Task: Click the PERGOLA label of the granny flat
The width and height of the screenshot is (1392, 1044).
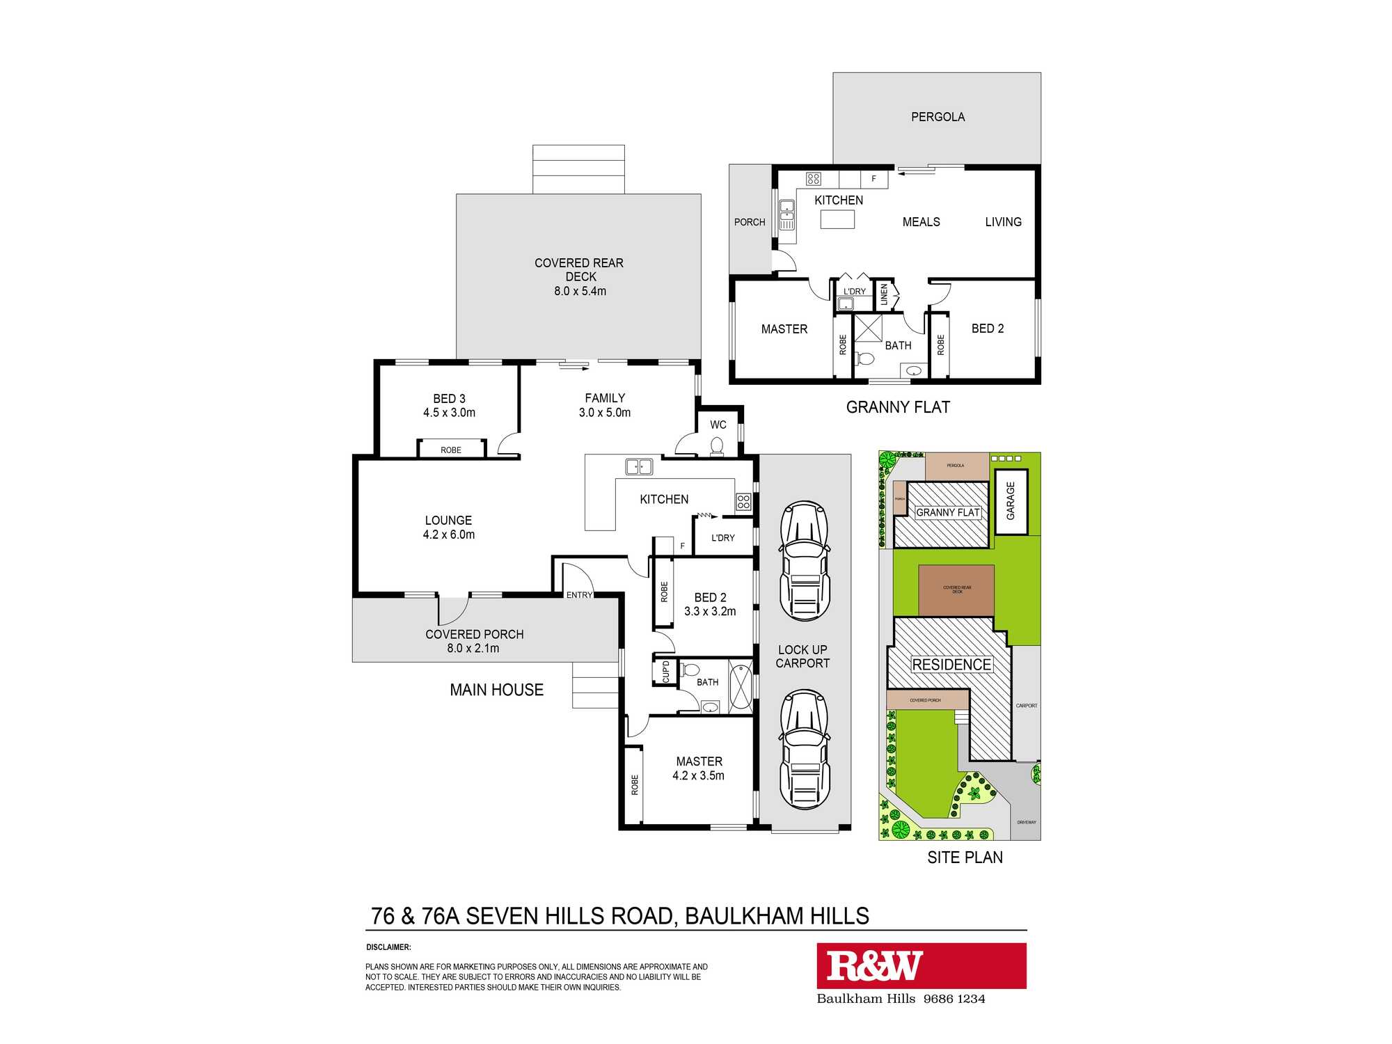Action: (938, 117)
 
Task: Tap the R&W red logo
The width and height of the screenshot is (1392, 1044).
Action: (921, 965)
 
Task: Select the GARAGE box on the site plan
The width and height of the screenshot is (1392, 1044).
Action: (1011, 501)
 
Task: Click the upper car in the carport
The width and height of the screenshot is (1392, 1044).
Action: (805, 560)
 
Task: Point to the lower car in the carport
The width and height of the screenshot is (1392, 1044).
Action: (805, 749)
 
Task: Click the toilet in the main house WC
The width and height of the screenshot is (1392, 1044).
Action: (717, 445)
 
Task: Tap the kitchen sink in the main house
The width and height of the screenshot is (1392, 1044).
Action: (638, 467)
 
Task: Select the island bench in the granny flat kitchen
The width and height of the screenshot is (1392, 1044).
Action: (837, 219)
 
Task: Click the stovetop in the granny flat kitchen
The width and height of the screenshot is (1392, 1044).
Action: (813, 179)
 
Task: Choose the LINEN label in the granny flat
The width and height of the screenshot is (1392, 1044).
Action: (884, 294)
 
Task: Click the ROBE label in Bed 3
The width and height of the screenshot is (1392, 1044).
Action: (451, 450)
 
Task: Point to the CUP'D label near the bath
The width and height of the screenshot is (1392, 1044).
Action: (665, 672)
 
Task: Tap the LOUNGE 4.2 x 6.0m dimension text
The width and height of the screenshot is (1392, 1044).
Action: (449, 535)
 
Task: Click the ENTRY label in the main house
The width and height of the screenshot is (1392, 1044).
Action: (579, 595)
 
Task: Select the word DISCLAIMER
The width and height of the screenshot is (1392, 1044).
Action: (388, 947)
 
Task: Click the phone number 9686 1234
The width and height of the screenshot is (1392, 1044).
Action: (954, 999)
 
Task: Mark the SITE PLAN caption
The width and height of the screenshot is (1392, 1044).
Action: (965, 857)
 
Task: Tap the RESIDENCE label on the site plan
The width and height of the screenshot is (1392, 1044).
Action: (951, 665)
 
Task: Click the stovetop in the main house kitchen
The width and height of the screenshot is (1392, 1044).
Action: (743, 502)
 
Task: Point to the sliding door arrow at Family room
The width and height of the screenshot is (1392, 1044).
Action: (574, 367)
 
